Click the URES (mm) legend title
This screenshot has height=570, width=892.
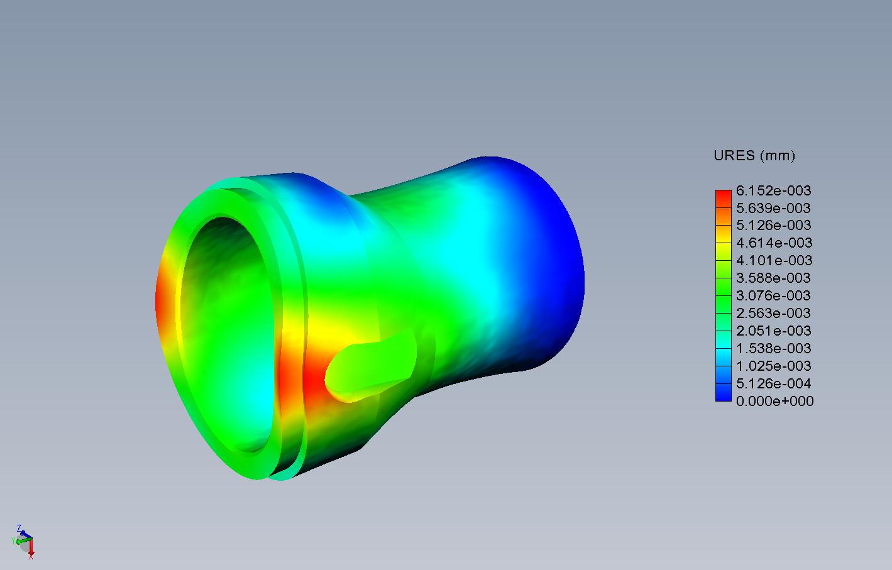pos(754,155)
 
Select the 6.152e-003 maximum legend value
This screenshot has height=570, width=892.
pos(773,190)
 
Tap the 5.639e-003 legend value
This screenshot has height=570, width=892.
pos(773,208)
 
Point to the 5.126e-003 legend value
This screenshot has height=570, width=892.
pos(773,225)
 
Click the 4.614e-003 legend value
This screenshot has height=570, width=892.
pos(774,243)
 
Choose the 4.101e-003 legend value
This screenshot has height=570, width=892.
pos(774,260)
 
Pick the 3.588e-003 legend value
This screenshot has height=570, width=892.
pos(773,278)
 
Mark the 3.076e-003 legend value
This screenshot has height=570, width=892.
pos(773,295)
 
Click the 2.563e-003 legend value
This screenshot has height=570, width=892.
pos(773,313)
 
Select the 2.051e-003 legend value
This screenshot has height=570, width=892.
pos(773,331)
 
